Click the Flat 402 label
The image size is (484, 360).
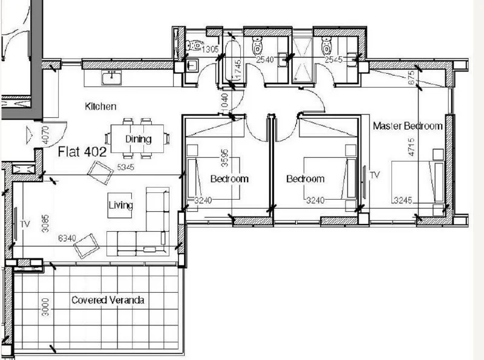pyautogui.click(x=82, y=152)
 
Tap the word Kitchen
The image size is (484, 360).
pyautogui.click(x=100, y=106)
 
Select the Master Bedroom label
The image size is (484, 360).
pyautogui.click(x=408, y=126)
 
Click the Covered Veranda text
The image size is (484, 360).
pyautogui.click(x=108, y=300)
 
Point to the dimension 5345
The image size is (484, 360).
pyautogui.click(x=126, y=167)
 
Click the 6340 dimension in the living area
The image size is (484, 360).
pyautogui.click(x=67, y=238)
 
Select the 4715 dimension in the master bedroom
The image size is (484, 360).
pyautogui.click(x=411, y=147)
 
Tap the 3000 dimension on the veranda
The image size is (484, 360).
pyautogui.click(x=45, y=307)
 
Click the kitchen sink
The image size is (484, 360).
pyautogui.click(x=112, y=77)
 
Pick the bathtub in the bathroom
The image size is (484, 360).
pyautogui.click(x=232, y=61)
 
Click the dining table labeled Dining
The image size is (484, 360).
pyautogui.click(x=137, y=139)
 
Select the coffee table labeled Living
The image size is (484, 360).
pyautogui.click(x=120, y=205)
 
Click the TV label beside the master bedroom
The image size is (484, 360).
pyautogui.click(x=374, y=175)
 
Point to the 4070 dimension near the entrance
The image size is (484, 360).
pyautogui.click(x=45, y=135)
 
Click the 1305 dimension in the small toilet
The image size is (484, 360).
pyautogui.click(x=210, y=49)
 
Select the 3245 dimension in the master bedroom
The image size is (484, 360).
pyautogui.click(x=403, y=200)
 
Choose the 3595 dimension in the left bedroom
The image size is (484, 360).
pyautogui.click(x=225, y=158)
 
